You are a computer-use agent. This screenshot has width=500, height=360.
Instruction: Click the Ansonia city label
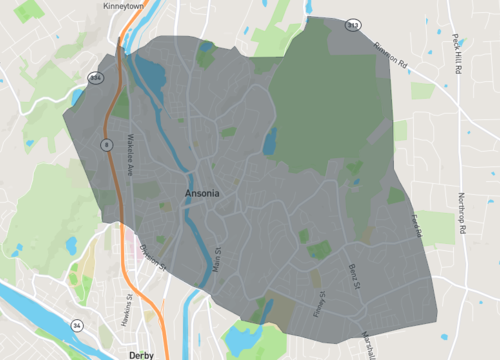click(x=202, y=192)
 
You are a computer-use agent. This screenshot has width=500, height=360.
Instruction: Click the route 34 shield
click(x=76, y=325)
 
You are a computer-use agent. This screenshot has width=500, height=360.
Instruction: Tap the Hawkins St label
click(x=129, y=299)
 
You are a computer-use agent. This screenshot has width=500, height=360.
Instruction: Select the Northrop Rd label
click(x=462, y=213)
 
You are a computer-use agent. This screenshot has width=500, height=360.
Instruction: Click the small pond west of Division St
click(x=71, y=244)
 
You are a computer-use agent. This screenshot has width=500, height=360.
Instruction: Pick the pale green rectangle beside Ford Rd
click(x=436, y=226)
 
